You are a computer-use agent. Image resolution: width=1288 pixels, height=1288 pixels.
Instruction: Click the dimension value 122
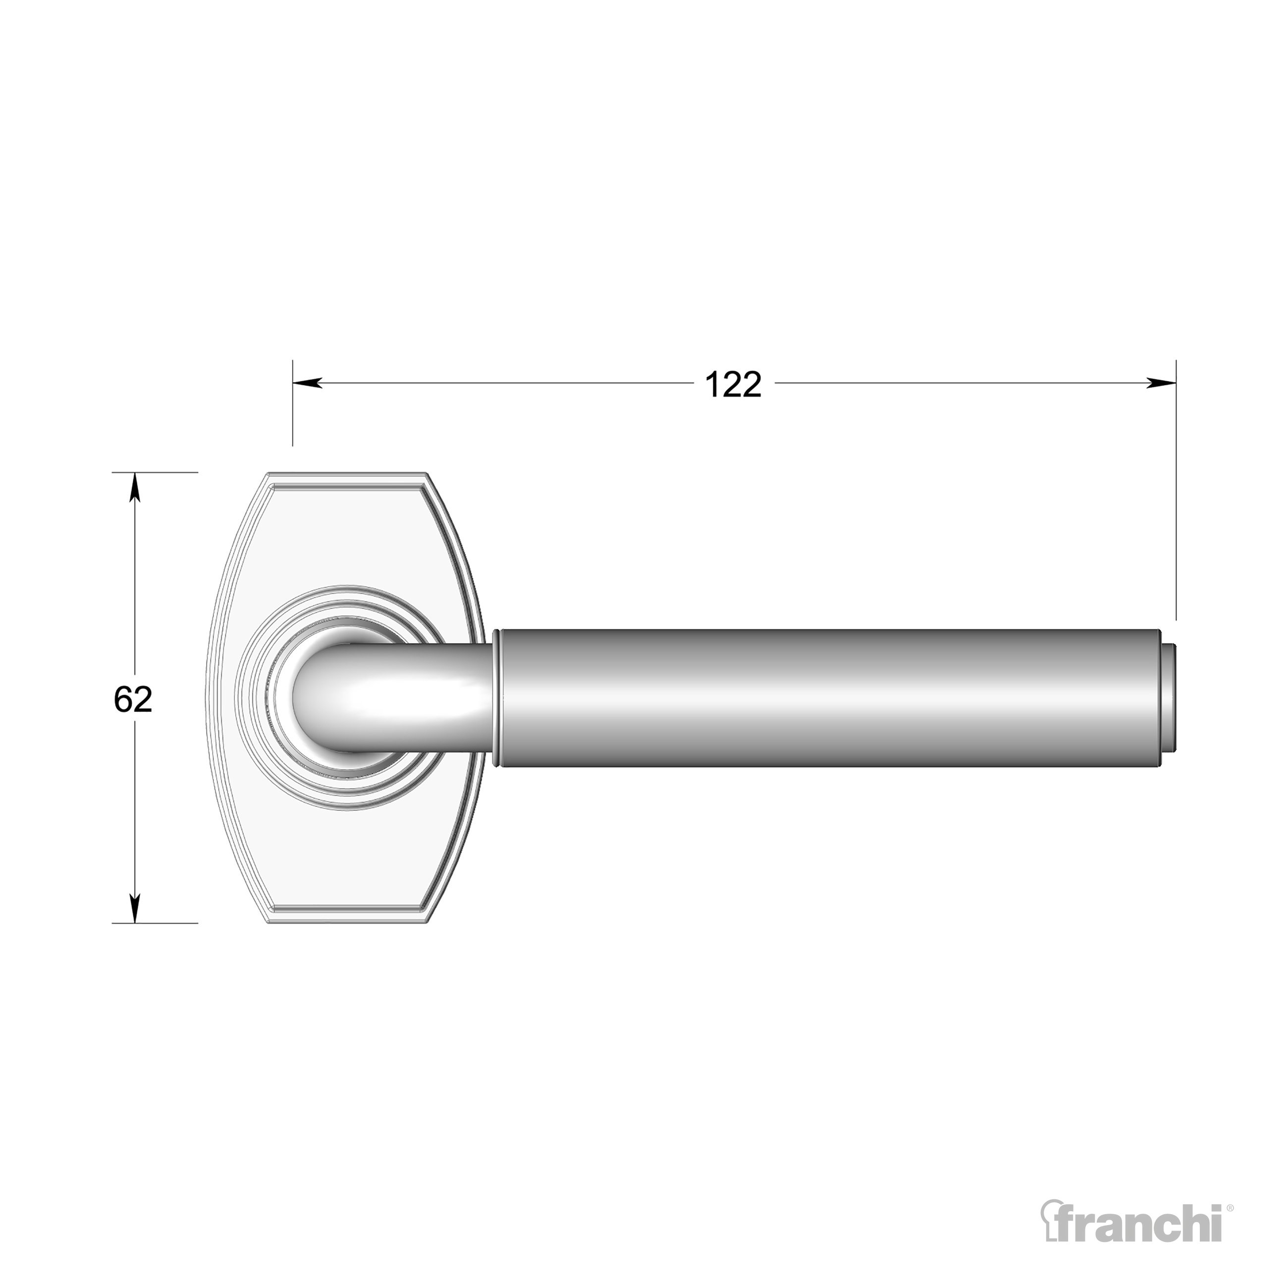tap(733, 385)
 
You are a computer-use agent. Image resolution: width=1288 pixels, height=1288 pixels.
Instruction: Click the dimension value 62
tap(133, 699)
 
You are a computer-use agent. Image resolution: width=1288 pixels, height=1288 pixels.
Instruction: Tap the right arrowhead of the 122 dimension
tap(1161, 382)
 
